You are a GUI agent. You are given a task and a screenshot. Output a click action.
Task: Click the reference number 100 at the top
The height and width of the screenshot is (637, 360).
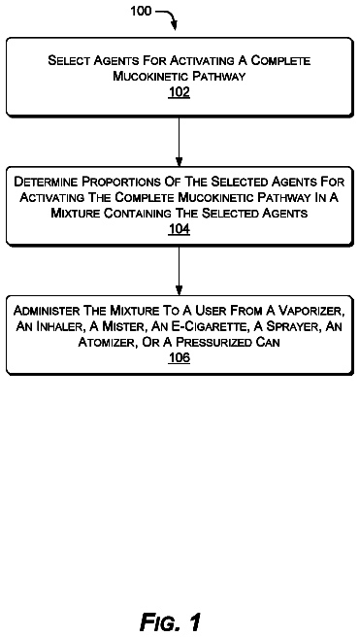(141, 11)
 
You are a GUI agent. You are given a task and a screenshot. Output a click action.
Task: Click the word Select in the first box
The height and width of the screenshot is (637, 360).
(69, 60)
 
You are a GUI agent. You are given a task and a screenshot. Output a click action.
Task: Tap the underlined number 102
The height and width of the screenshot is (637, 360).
(179, 92)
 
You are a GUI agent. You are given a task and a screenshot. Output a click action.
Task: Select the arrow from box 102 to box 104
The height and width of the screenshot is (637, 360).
(179, 142)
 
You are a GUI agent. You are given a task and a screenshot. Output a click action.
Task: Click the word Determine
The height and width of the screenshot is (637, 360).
(46, 182)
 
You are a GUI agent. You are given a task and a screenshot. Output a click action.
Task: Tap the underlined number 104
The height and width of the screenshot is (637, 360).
(179, 230)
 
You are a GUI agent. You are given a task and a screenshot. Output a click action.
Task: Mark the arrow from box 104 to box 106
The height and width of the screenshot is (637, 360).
(179, 271)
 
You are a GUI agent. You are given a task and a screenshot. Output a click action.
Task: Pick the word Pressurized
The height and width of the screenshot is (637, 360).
(211, 343)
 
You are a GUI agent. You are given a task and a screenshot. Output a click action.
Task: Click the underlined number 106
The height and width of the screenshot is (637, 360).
(179, 358)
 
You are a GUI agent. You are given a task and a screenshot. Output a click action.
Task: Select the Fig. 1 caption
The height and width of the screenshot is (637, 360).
(171, 621)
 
